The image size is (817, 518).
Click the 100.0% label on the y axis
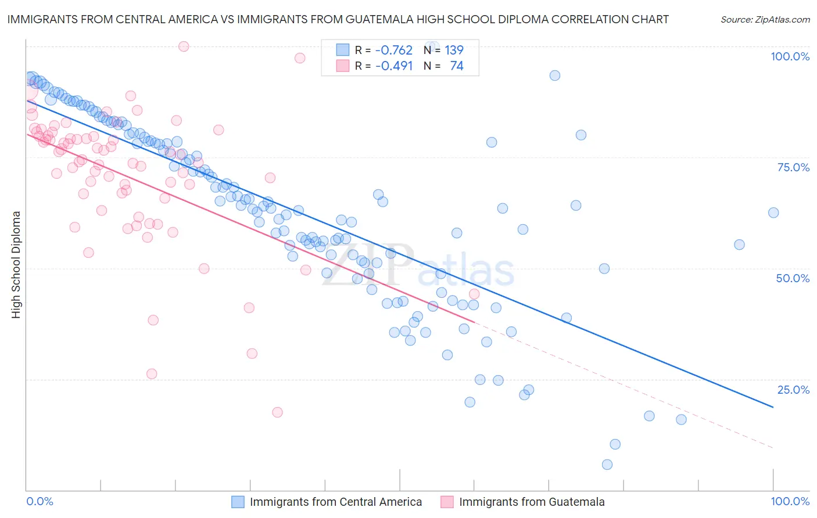point(790,56)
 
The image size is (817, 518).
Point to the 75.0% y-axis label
point(793,167)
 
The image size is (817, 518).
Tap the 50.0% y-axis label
point(793,278)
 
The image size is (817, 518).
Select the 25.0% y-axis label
point(793,390)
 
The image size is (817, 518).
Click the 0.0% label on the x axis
point(40,501)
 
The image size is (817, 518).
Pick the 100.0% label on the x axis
point(790,501)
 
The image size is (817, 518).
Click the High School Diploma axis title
point(16,264)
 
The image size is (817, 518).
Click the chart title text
point(338,19)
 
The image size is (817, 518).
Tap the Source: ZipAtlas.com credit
point(765,19)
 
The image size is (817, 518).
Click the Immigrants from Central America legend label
point(336,502)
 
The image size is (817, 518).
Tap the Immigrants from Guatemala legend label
point(532,502)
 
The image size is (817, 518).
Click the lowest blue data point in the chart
point(607,465)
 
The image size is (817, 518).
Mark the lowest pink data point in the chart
point(277,412)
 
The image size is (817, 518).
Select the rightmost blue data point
point(773,213)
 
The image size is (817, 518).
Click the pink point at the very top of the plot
point(184,46)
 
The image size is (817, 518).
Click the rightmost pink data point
point(474,294)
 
